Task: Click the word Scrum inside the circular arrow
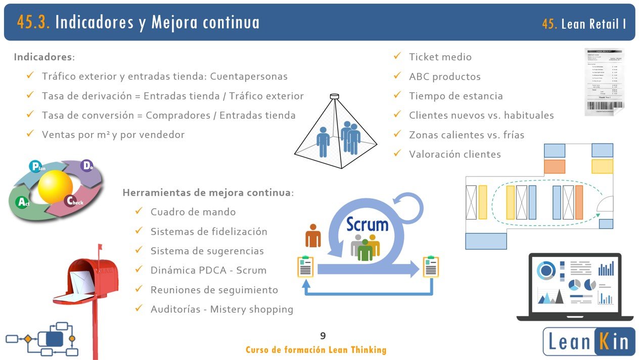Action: pos(367,223)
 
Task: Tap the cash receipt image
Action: pos(604,81)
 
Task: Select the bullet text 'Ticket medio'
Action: pos(440,57)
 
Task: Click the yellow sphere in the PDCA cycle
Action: pos(55,187)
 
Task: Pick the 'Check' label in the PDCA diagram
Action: pos(74,201)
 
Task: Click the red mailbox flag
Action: pos(100,253)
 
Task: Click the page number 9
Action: pos(323,336)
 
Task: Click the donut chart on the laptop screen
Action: pos(546,271)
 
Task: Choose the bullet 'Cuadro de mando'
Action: pos(193,212)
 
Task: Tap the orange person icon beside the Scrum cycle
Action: pos(313,236)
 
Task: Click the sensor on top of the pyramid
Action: pos(334,96)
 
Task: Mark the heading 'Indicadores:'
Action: pos(44,57)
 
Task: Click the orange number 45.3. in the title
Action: pos(33,22)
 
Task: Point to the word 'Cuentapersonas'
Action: pos(249,76)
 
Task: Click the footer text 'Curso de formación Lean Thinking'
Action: pos(316,350)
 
